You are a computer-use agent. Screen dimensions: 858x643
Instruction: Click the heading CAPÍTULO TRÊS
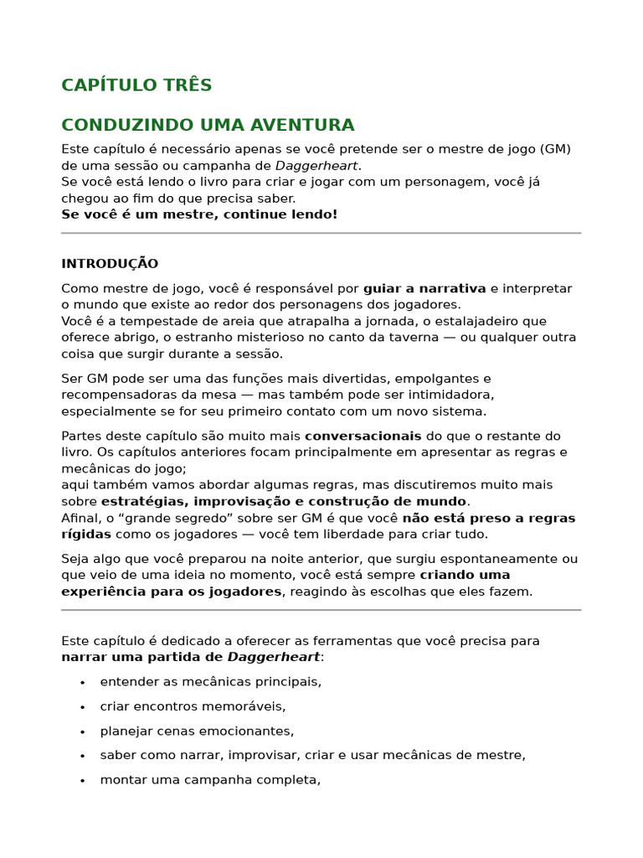click(x=136, y=85)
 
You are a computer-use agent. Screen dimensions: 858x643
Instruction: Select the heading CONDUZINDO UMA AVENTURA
click(x=208, y=126)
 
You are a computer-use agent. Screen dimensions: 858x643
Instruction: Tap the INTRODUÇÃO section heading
click(x=110, y=264)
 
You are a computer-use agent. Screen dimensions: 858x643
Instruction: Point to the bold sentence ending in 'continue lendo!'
click(x=199, y=214)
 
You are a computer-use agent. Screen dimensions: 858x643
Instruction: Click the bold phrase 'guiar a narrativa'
click(x=424, y=289)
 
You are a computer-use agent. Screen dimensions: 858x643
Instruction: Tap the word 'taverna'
click(x=392, y=338)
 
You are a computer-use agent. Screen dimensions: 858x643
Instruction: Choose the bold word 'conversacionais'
click(x=363, y=437)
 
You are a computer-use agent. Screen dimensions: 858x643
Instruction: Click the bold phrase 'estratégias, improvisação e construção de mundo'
click(x=285, y=502)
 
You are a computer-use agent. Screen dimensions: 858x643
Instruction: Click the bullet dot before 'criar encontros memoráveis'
click(x=82, y=707)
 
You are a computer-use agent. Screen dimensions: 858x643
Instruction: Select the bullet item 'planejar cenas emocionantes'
click(x=197, y=731)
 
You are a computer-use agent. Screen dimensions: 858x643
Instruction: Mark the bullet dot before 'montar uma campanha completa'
click(x=82, y=781)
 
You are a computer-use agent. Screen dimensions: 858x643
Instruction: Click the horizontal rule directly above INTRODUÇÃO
click(x=321, y=233)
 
